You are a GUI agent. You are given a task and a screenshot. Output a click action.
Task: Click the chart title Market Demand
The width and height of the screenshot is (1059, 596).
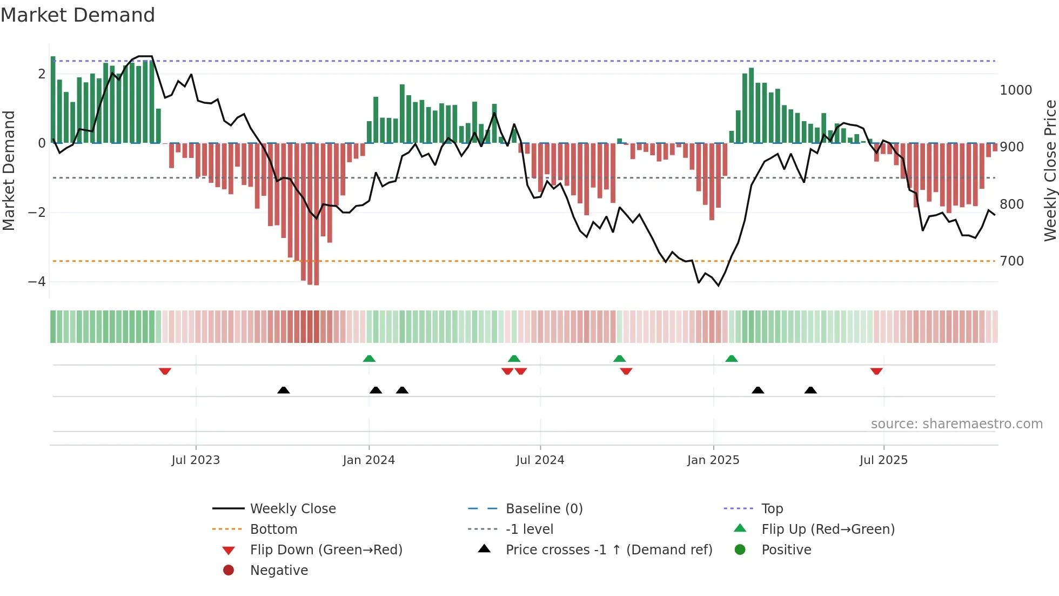coord(78,15)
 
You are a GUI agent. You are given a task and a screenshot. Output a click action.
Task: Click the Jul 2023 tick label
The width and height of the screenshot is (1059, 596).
coord(196,460)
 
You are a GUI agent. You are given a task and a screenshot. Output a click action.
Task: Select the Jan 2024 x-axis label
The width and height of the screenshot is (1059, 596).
coord(369,460)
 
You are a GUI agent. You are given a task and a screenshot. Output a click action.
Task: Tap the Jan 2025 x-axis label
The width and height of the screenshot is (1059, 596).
coord(713,460)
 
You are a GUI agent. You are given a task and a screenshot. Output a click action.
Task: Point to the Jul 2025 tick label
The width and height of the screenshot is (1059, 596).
coord(883,460)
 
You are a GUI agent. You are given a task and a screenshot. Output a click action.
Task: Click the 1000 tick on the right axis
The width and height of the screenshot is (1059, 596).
coord(1016,90)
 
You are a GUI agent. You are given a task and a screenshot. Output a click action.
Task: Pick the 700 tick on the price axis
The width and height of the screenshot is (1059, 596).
coord(1012,261)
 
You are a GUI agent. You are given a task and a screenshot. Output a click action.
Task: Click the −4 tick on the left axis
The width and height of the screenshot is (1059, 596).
coord(37,282)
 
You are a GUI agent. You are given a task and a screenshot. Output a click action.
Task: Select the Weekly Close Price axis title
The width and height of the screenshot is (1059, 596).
coord(1050,170)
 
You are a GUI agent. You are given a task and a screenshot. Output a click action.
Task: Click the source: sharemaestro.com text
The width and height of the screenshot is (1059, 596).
coord(956,424)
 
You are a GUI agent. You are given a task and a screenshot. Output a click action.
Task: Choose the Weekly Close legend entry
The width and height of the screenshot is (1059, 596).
coord(292,509)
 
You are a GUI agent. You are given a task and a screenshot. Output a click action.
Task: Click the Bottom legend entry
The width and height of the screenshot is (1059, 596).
coord(273,529)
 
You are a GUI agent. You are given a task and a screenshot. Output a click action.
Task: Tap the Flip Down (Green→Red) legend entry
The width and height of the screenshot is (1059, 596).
coord(326,550)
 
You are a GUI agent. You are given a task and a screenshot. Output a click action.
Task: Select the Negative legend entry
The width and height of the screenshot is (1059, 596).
coord(279,571)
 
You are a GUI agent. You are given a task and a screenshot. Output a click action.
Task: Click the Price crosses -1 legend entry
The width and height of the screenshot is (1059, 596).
coord(608,550)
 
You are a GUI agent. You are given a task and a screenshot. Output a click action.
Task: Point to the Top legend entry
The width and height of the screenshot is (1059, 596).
coord(772,509)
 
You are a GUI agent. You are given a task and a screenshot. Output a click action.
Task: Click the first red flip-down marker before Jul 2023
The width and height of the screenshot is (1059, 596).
coord(165,371)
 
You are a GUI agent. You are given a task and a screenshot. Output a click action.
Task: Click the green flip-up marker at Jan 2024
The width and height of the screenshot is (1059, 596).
coord(369,359)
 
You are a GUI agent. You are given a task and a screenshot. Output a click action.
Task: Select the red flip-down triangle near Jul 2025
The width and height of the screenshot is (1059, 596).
coord(876,371)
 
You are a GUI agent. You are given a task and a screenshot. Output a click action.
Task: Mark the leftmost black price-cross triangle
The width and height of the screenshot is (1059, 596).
coord(283,390)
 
